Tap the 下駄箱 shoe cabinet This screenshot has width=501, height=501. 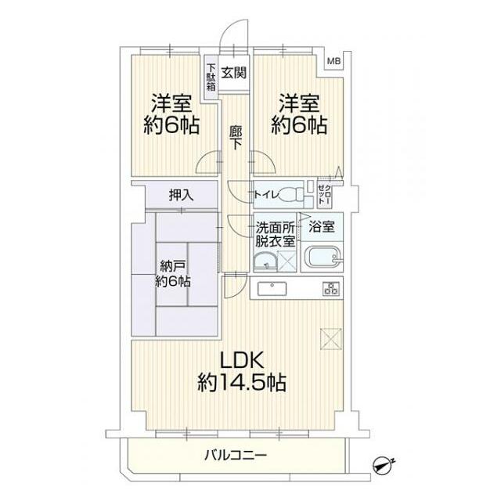point(211,78)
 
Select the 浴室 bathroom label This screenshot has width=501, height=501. point(321,228)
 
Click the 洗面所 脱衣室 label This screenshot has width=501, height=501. point(276,234)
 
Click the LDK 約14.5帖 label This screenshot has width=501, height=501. point(241,371)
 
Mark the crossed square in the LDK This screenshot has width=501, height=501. point(330,337)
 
